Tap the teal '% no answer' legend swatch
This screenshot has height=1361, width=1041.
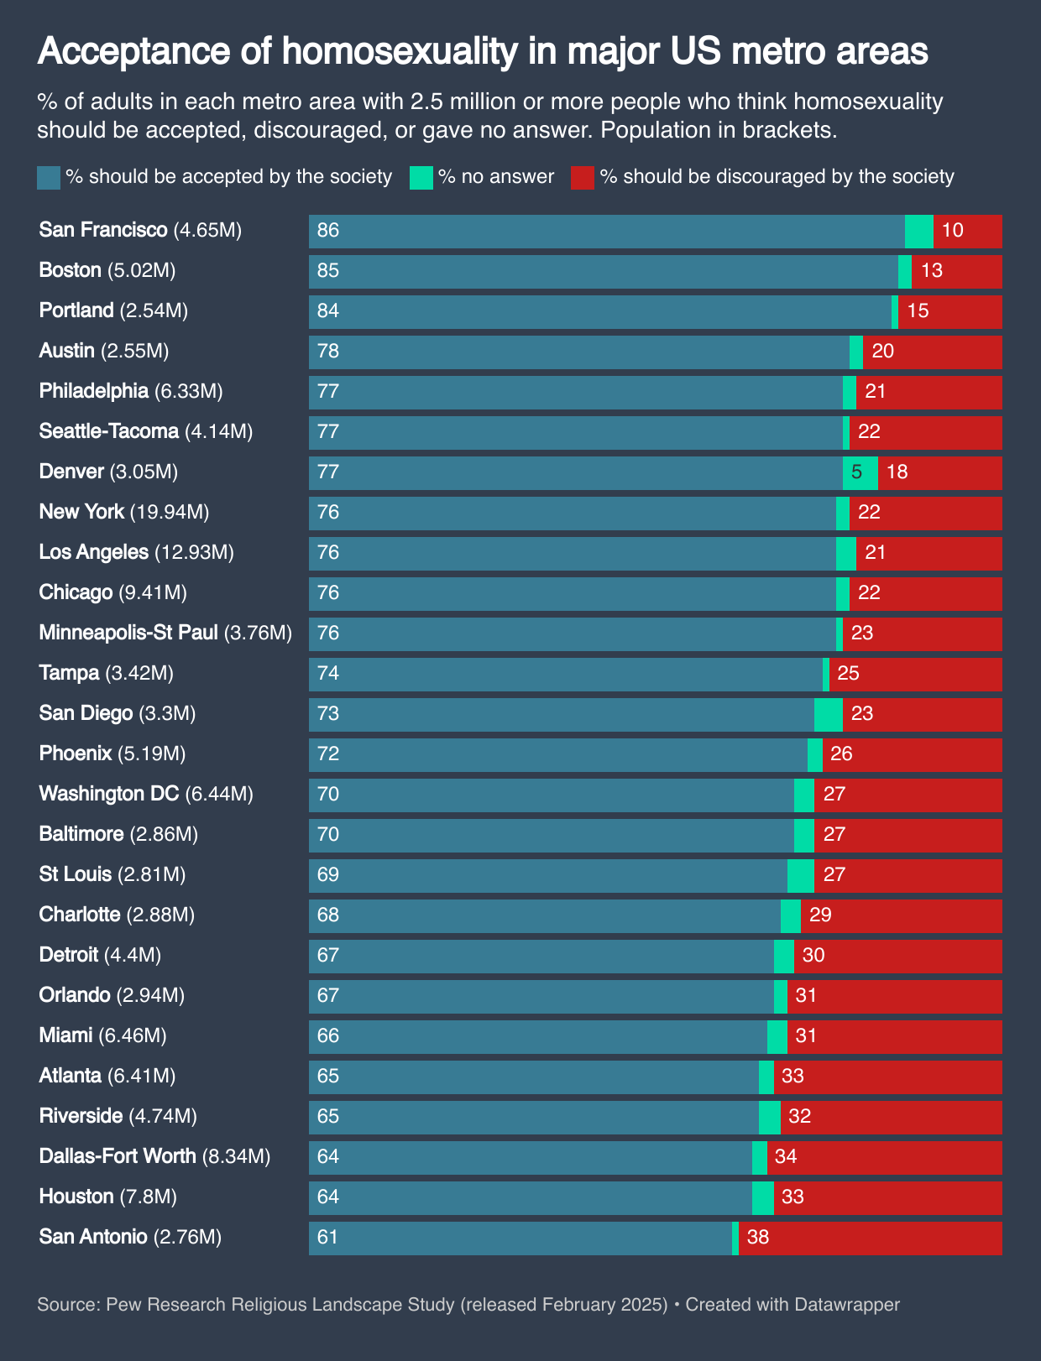[x=421, y=178]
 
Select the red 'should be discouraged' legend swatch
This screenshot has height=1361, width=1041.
[x=582, y=178]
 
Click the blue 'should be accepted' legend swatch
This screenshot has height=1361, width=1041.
[x=49, y=178]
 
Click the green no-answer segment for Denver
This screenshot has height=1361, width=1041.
[x=861, y=472]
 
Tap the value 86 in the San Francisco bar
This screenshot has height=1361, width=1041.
[x=328, y=231]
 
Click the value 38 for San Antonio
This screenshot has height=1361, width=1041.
[x=758, y=1238]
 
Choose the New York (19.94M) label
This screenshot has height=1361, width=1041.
[x=124, y=512]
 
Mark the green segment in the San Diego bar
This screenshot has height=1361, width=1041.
[x=828, y=714]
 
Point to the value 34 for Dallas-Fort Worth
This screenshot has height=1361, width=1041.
[x=786, y=1157]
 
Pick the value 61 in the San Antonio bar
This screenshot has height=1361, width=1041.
[x=328, y=1238]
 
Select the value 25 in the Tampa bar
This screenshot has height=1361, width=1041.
[x=849, y=674]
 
